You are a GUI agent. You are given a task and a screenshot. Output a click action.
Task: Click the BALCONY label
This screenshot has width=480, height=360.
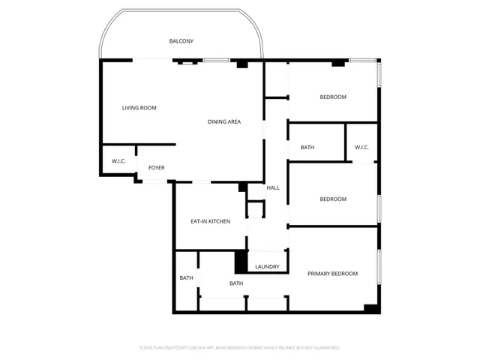pos(181,40)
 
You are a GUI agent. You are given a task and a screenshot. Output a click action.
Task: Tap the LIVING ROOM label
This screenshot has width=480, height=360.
pos(139,108)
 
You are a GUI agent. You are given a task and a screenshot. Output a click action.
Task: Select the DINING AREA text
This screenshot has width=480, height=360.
pos(224,122)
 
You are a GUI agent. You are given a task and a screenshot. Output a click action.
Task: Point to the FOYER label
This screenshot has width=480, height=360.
pos(156,167)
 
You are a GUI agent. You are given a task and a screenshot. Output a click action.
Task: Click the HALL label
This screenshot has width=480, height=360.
pos(273,187)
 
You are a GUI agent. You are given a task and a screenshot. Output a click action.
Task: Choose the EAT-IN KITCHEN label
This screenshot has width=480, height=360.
pos(210,221)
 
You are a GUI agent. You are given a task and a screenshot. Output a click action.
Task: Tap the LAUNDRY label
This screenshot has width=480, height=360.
pos(267,266)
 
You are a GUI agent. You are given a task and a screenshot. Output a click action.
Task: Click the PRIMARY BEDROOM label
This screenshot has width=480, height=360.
pos(333,274)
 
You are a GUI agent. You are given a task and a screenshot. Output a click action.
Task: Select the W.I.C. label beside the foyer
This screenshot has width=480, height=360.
pos(118,161)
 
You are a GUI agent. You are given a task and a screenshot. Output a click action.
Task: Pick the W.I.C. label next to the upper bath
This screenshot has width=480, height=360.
pos(362,148)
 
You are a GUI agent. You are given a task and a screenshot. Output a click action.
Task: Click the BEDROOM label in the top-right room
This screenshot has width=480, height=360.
pos(333,97)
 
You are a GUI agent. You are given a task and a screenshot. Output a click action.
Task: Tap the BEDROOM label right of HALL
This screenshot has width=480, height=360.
pos(333,199)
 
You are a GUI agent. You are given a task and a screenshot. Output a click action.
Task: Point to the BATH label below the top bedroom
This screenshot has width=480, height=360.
pos(307,148)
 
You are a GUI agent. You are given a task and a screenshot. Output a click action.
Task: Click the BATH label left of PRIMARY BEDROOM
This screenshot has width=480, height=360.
pos(236,283)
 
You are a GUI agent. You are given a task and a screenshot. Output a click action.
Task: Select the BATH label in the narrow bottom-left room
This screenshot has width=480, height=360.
pos(186,278)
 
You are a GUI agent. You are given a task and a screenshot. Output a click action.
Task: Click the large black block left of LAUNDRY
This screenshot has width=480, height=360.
pos(241,262)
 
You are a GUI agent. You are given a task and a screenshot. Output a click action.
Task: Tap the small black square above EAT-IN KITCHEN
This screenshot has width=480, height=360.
pos(242,187)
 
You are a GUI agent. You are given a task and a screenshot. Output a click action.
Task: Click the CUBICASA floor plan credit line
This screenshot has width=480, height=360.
pos(240,348)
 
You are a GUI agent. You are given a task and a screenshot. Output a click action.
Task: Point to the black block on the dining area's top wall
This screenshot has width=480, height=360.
pos(241,64)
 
